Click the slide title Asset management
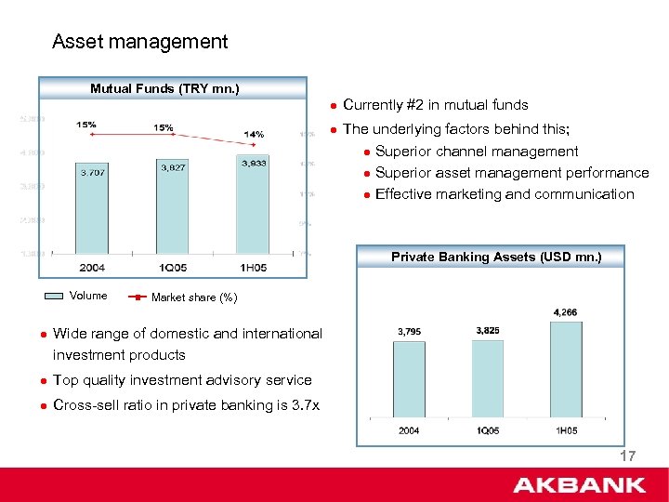coord(139,42)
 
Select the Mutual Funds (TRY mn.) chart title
coord(164,89)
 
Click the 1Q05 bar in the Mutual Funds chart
coord(172,209)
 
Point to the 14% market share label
coord(253,134)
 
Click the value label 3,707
coord(92,172)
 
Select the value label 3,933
coord(253,163)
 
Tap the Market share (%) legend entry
coord(192,297)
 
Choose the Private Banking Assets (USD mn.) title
coord(496,257)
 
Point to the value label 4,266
coord(565,312)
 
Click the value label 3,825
coord(487,330)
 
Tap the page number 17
coord(627,456)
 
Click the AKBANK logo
coord(579,484)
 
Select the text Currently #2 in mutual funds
coord(435,105)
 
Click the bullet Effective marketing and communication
coord(505,194)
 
